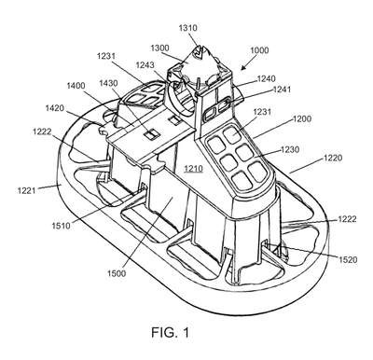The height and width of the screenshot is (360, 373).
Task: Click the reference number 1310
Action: coord(187,28)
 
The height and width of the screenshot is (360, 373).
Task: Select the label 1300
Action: coord(159,48)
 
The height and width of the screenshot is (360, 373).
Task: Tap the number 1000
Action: coord(259,50)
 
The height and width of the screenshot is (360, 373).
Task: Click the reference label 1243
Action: coord(145,65)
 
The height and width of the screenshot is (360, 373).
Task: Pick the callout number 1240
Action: coord(267,78)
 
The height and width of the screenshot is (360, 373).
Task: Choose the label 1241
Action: coord(282,90)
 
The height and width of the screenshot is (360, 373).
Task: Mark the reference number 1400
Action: coord(76,85)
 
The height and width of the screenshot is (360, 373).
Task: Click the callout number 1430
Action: coord(108,83)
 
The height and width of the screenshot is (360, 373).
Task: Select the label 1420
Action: coord(55,108)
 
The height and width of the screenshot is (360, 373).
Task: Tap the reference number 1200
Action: coord(302,118)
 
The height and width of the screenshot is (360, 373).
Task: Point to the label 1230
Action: coord(290,149)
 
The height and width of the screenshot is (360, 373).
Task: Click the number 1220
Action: coord(333,158)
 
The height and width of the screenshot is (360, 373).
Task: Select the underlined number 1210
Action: coord(193,169)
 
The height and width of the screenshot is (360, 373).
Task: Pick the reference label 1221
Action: coord(27,189)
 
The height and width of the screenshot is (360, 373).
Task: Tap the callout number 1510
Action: coord(62,225)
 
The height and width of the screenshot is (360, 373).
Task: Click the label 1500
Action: coord(117,273)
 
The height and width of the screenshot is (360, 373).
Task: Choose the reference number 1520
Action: coord(348,259)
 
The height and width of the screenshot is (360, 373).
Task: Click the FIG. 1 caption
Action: coord(170,333)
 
